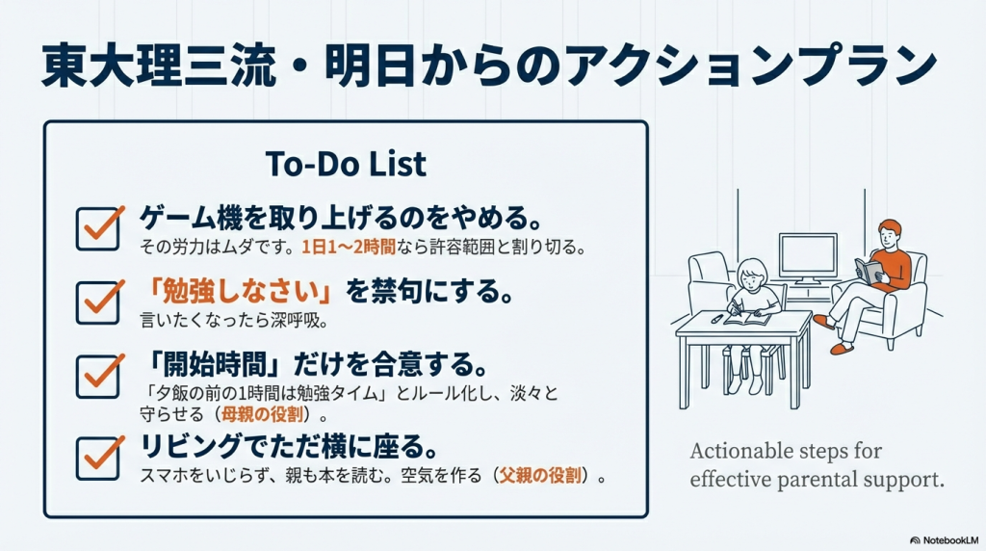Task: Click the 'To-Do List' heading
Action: click(x=346, y=164)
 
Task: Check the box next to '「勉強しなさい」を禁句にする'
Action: click(x=98, y=302)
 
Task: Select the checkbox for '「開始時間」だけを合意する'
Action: click(x=98, y=376)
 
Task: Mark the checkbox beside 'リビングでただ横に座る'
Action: click(x=98, y=458)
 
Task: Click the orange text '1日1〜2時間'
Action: click(x=349, y=248)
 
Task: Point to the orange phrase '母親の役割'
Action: click(x=262, y=414)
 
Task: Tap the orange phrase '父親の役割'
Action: click(x=540, y=476)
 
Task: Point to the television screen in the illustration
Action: click(x=808, y=254)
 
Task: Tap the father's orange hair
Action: click(x=890, y=226)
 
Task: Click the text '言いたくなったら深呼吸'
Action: click(x=234, y=321)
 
